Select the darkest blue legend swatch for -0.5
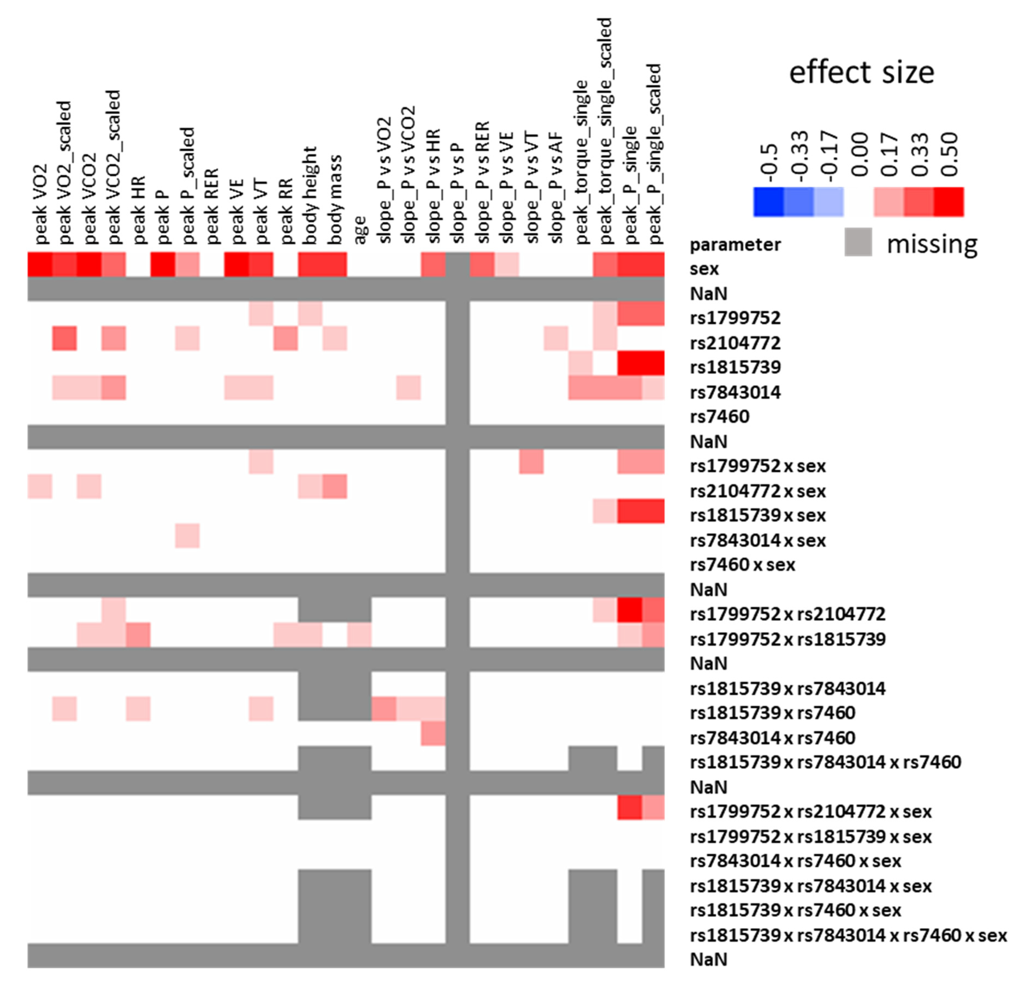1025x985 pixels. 768,202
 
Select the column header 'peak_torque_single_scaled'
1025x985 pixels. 605,131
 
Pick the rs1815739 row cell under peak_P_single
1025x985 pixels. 630,363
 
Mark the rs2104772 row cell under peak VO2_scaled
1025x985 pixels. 64,338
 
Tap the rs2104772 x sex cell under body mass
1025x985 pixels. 335,486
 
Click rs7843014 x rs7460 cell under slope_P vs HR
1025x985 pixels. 433,733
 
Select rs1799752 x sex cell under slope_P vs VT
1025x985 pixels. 531,462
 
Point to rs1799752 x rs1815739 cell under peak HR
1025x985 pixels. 138,635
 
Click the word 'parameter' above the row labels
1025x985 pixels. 735,244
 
